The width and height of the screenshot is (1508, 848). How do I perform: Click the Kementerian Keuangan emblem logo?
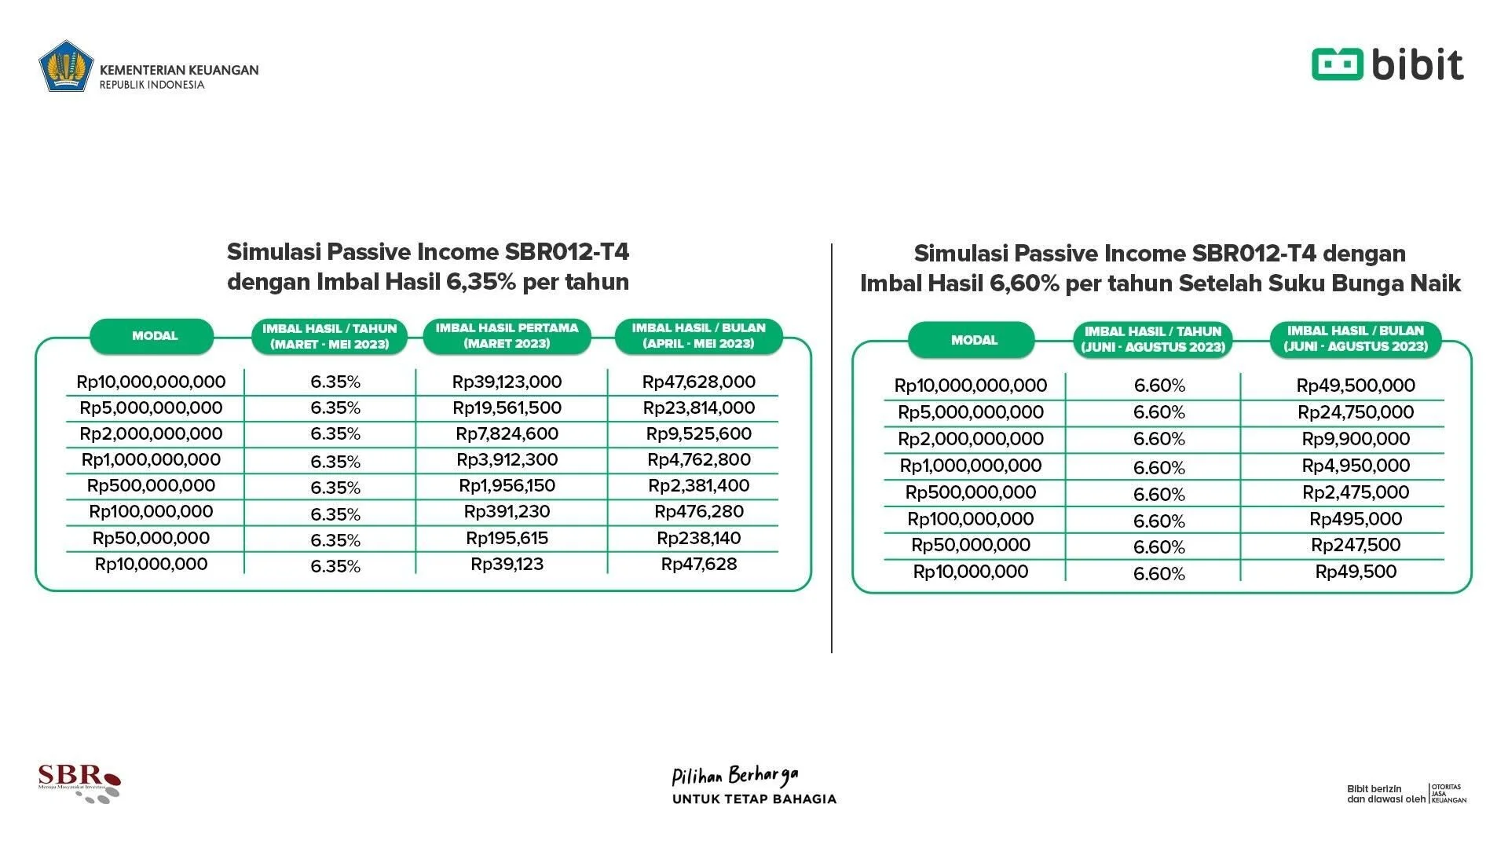[x=67, y=66]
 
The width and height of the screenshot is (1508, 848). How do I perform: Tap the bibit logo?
[x=1387, y=64]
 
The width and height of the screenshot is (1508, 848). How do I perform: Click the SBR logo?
[x=79, y=782]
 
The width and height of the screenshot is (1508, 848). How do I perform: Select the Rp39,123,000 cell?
[x=507, y=382]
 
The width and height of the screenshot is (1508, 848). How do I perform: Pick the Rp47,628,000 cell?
[x=698, y=382]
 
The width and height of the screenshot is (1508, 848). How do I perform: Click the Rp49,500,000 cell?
[x=1356, y=386]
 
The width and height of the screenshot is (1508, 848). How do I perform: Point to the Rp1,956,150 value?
[x=507, y=486]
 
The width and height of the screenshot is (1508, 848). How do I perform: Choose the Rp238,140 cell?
[x=698, y=539]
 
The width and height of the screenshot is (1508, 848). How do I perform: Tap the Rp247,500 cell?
[x=1356, y=545]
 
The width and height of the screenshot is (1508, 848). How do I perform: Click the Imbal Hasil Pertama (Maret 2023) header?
[x=507, y=336]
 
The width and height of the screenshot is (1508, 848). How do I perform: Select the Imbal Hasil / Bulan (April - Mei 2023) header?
[x=698, y=336]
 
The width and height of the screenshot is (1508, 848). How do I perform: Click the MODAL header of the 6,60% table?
[x=973, y=340]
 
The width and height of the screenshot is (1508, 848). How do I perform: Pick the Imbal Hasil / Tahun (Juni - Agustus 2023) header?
[x=1153, y=339]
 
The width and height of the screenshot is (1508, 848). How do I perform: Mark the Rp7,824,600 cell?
[x=507, y=434]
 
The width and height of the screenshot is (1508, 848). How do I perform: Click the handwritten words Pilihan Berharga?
[x=734, y=777]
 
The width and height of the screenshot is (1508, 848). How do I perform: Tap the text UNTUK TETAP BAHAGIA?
[x=754, y=799]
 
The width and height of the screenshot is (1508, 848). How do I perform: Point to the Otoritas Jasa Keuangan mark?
[x=1448, y=793]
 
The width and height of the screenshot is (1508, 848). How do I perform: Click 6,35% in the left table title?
[x=480, y=282]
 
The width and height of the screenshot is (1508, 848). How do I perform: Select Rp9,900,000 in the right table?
[x=1356, y=439]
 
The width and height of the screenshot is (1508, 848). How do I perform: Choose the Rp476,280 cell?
[x=698, y=512]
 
